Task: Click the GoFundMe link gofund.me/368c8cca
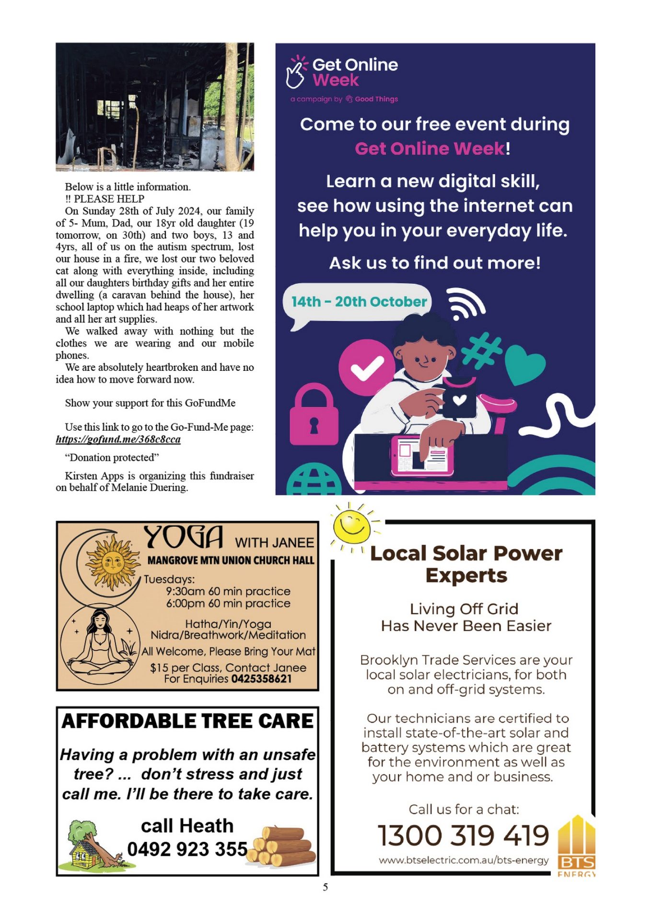coord(118,439)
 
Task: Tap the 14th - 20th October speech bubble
coord(359,302)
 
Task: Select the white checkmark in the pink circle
coord(367,368)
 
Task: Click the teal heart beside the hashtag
coord(524,364)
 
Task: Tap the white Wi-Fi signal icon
coord(465,304)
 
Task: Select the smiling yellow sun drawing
coord(353,526)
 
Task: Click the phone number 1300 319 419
coord(463,835)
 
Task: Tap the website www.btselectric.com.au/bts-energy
coord(464,860)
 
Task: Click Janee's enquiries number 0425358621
coord(261,679)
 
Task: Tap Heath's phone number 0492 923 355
coord(187,849)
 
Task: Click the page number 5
coord(325,887)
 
